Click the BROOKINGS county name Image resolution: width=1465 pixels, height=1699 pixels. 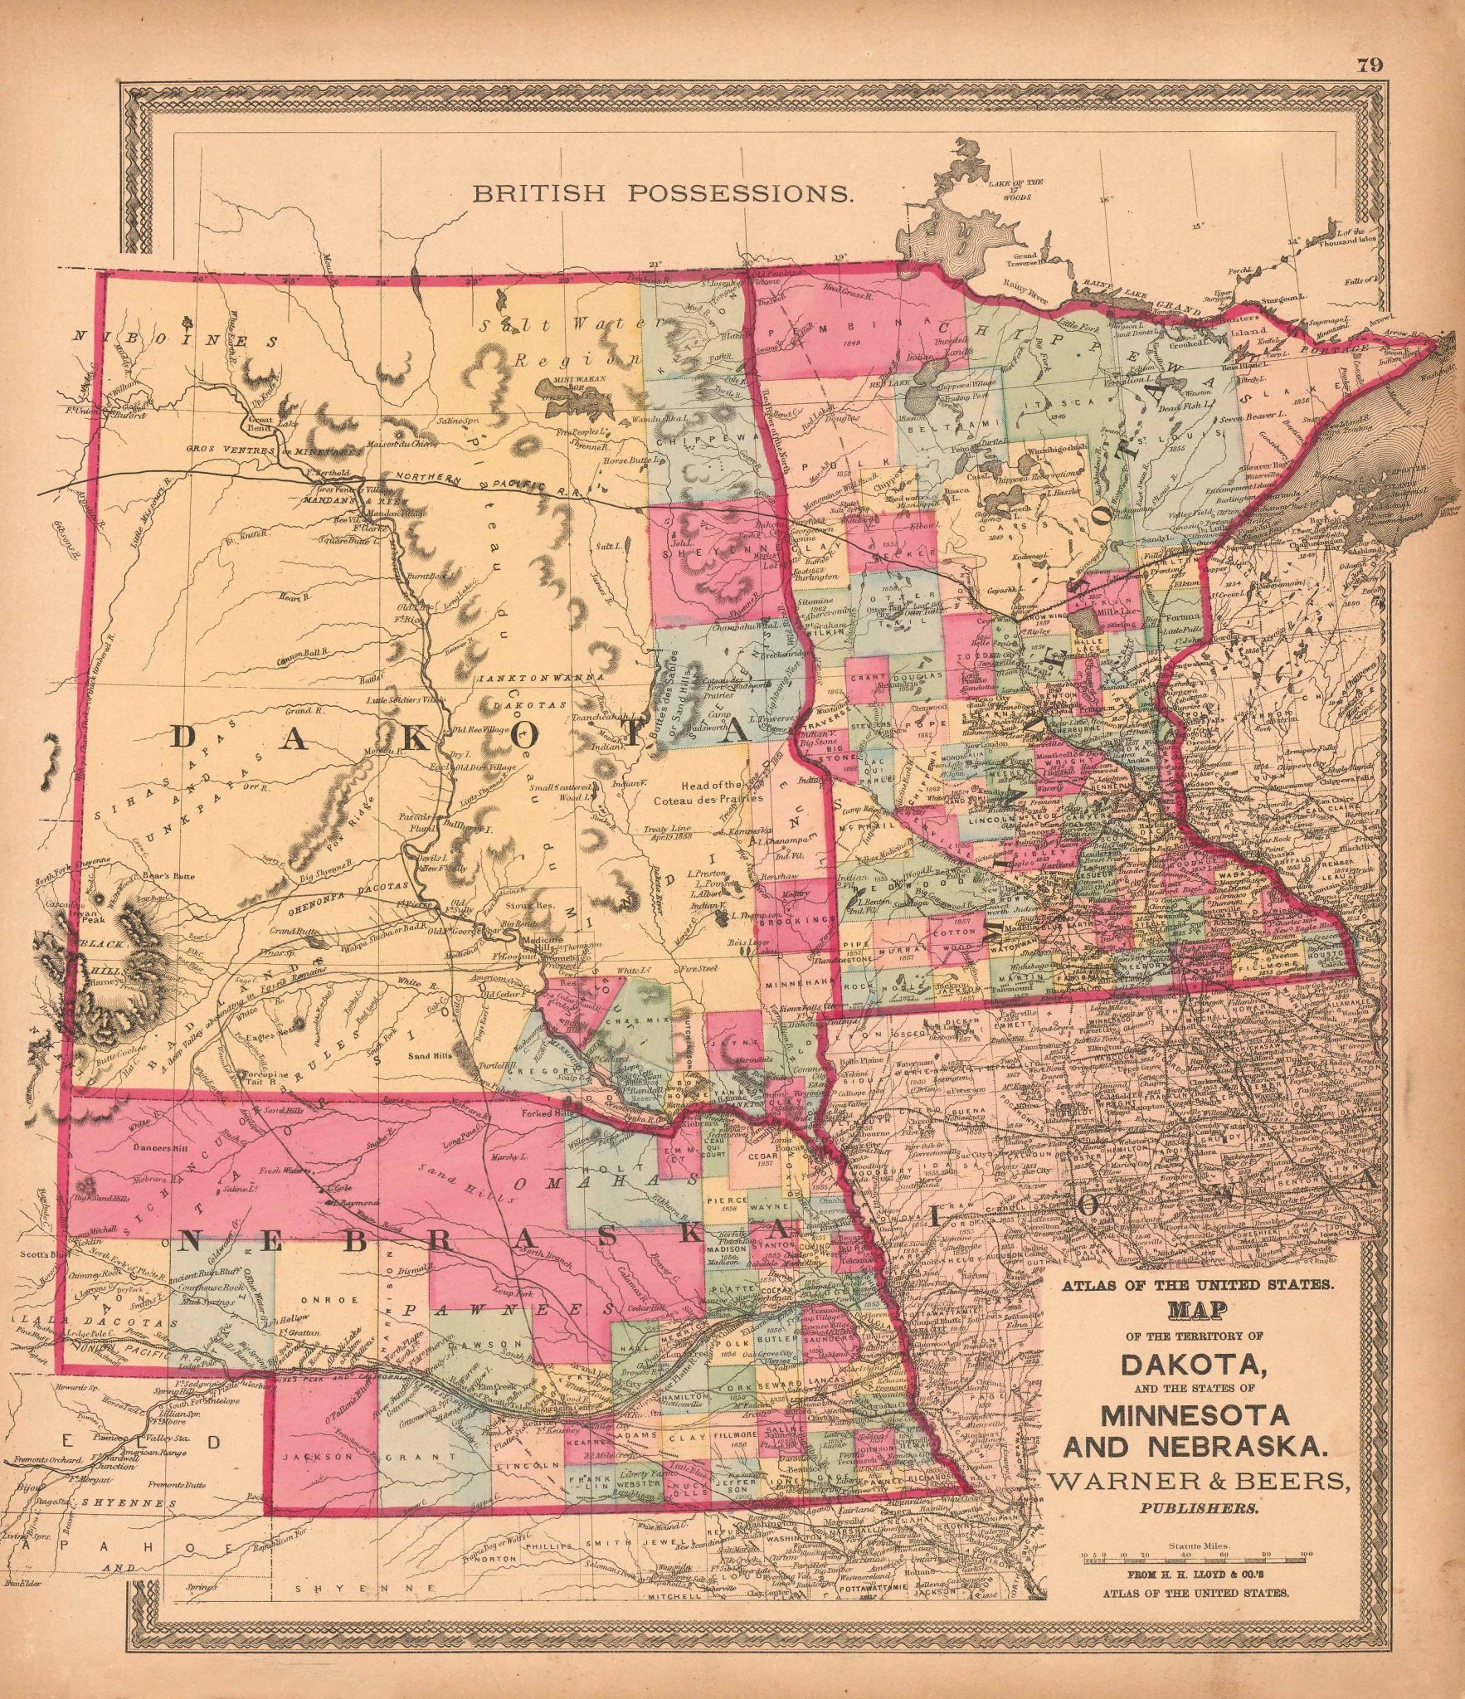(796, 921)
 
